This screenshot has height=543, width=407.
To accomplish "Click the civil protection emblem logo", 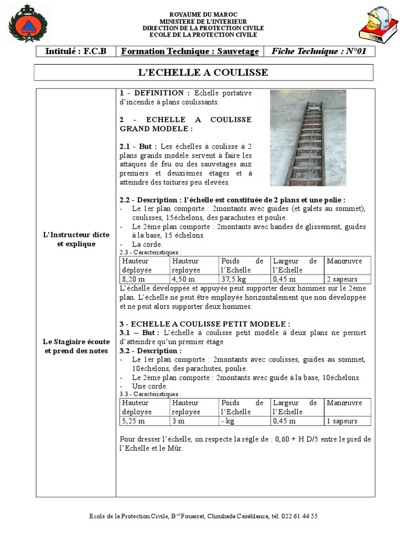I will (28, 24).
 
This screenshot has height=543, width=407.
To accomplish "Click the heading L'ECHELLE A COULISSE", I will (203, 72).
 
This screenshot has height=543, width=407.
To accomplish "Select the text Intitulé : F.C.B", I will (76, 51).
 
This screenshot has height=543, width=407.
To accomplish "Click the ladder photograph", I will (308, 138).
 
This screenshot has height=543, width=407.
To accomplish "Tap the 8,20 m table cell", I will (133, 279).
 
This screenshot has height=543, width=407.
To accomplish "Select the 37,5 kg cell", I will (234, 279).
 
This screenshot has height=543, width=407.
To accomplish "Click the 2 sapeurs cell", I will (342, 279).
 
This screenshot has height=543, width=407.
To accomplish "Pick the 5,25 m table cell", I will (133, 421).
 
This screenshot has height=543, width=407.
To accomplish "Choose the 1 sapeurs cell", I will (342, 421).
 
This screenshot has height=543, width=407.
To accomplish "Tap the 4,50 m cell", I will (183, 279).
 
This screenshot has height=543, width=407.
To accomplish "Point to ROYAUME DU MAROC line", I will (203, 14).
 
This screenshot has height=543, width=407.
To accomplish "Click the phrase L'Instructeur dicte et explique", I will (76, 239).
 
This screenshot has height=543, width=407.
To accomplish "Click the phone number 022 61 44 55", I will (300, 516).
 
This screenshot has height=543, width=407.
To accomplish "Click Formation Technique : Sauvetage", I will (190, 51).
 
